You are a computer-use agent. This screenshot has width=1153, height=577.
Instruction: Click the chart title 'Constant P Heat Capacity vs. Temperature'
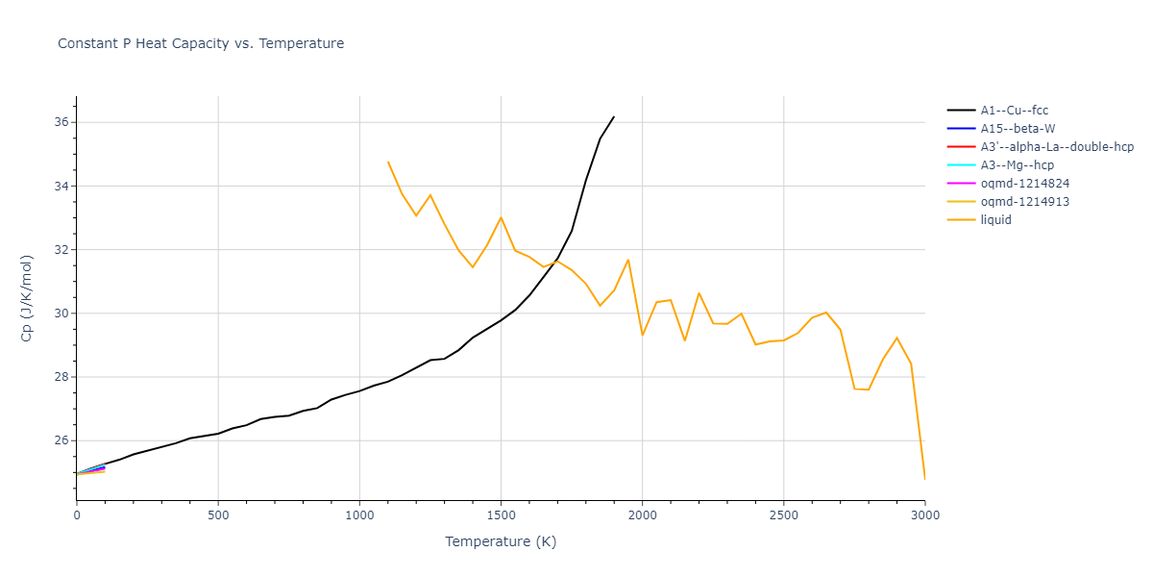[201, 43]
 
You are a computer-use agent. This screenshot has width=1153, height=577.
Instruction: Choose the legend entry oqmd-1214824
[1024, 184]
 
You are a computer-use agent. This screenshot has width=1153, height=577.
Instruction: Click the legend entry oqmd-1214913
[1024, 202]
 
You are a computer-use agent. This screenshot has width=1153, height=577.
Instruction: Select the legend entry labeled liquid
[995, 220]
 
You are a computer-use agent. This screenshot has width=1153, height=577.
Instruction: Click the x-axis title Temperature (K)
[501, 541]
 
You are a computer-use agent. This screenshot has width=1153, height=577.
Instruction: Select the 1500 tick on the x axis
[501, 515]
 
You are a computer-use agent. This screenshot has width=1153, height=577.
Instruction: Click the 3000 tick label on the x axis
[924, 515]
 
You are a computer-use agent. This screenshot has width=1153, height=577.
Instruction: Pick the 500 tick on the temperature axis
[218, 515]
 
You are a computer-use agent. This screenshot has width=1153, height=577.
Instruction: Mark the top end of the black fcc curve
[614, 116]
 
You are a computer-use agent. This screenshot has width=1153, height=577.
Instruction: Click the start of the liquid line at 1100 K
[388, 162]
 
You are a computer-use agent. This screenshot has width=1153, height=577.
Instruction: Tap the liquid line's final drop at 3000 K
[924, 478]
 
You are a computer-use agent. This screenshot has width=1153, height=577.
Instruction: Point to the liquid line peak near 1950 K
[628, 260]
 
